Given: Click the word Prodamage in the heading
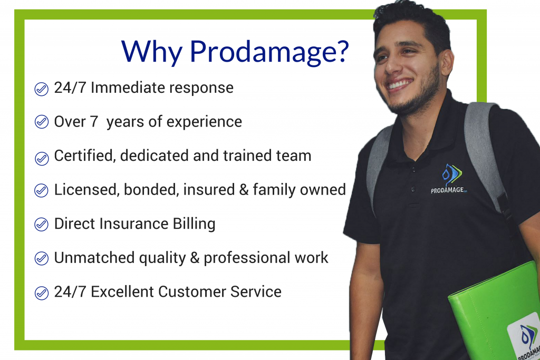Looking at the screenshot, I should click(x=269, y=52).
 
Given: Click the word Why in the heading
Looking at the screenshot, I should click(x=152, y=52).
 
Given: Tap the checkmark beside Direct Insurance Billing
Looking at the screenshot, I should click(x=41, y=224).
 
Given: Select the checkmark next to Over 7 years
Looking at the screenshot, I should click(x=41, y=122).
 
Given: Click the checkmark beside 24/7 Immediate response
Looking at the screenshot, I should click(x=41, y=89).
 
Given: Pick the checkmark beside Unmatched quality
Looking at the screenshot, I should click(x=41, y=258).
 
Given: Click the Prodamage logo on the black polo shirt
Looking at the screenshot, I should click(x=450, y=179).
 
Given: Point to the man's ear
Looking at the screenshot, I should click(x=447, y=62).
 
